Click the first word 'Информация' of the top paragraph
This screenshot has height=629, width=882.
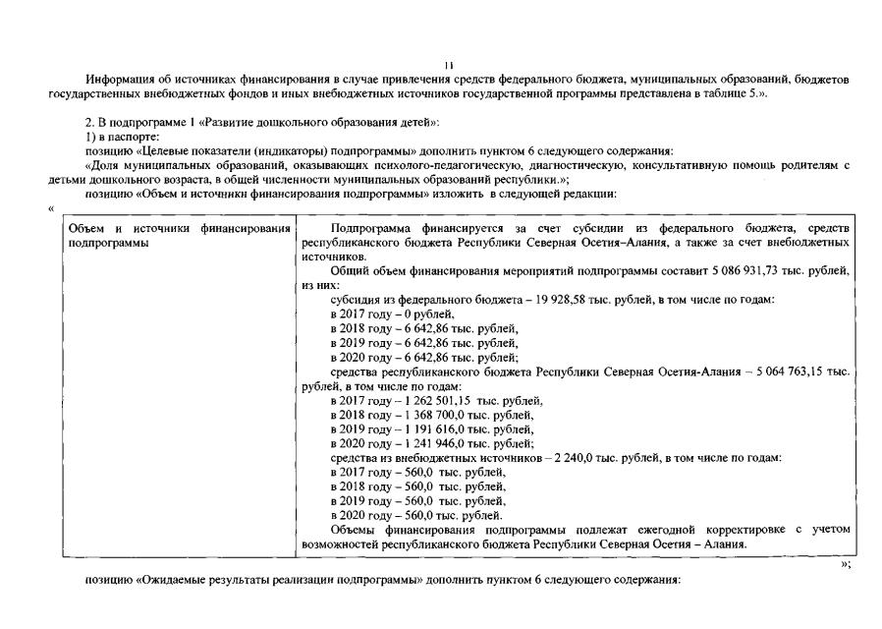pyautogui.click(x=115, y=79)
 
